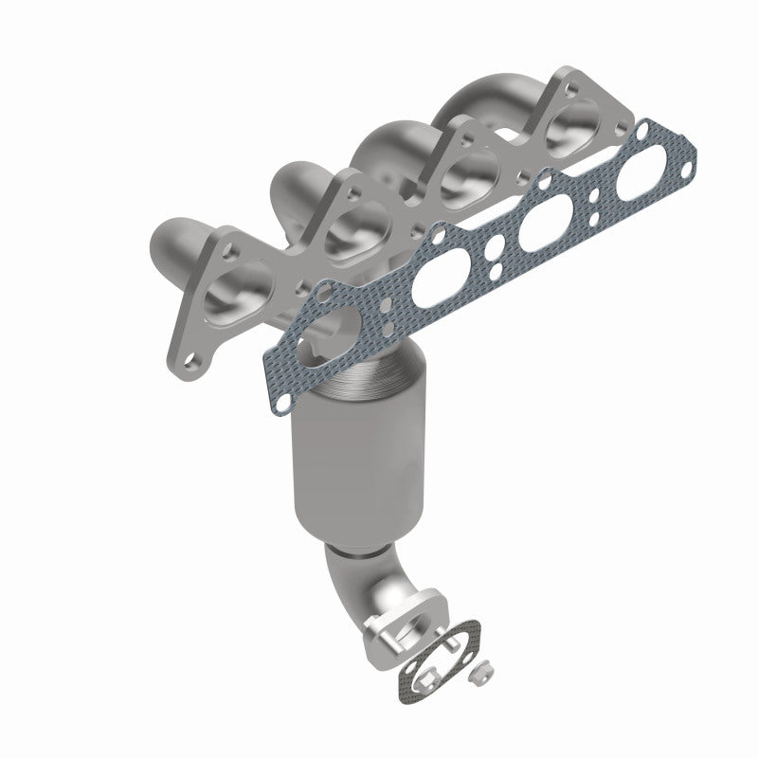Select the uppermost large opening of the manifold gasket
coord(646,175)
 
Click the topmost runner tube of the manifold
coord(493,99)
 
